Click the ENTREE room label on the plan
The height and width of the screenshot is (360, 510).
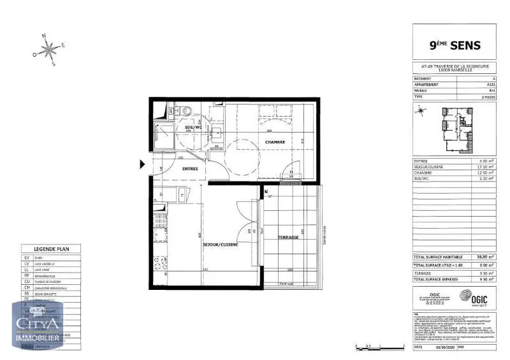pyautogui.click(x=189, y=169)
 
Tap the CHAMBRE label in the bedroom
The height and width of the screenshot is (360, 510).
pyautogui.click(x=275, y=141)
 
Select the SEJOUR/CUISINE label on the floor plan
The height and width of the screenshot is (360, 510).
pyautogui.click(x=221, y=244)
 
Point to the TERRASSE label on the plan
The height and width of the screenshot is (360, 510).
pyautogui.click(x=288, y=237)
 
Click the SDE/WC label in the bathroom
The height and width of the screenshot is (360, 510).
pyautogui.click(x=193, y=127)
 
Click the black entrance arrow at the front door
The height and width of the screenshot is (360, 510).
pyautogui.click(x=143, y=164)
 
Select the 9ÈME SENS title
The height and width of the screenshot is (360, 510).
pyautogui.click(x=453, y=45)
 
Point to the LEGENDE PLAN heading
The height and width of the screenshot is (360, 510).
pyautogui.click(x=51, y=249)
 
